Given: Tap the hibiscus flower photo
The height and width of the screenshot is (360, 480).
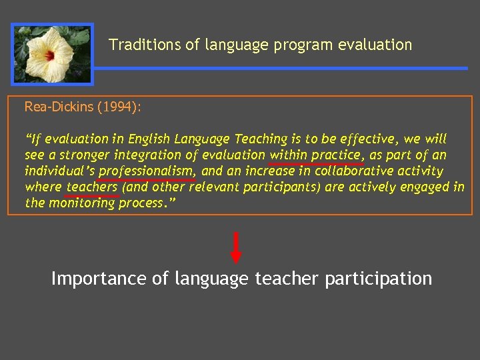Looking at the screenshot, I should tap(53, 54).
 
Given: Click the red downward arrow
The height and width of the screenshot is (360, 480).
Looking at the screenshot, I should tap(236, 247).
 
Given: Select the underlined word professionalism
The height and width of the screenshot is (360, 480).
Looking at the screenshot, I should tap(147, 171).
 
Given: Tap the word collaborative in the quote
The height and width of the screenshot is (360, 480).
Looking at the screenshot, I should tap(349, 171).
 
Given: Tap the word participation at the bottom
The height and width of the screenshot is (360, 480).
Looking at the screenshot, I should tap(378, 279).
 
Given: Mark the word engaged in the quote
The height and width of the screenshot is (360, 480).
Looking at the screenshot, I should tap(424, 187).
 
